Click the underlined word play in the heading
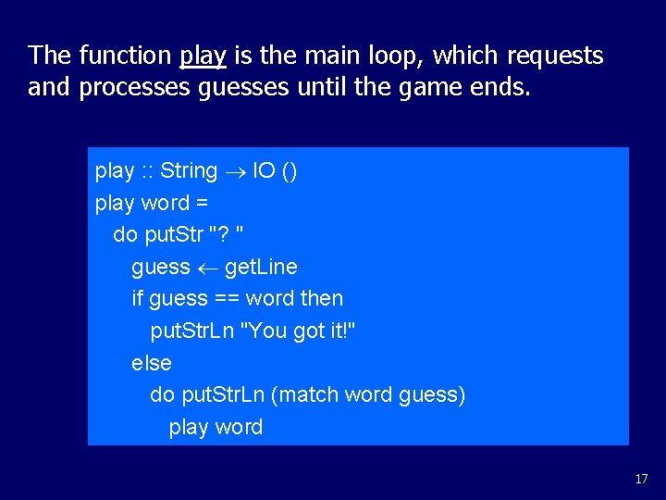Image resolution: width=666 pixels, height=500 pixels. coord(203,56)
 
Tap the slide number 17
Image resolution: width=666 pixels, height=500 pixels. coord(642,479)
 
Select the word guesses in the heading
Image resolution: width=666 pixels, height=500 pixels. coord(237,88)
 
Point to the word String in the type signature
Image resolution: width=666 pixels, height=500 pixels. coord(189,171)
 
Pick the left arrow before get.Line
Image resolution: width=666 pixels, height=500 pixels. coord(207,268)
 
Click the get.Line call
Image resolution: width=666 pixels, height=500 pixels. coord(262,268)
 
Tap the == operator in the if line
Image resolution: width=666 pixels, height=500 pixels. coord(224,299)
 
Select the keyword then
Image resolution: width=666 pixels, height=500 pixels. coord(321,299)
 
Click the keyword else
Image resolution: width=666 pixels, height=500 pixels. coord(152,363)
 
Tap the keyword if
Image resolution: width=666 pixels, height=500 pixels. coord(138,299)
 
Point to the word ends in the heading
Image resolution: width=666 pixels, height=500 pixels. coord(500,88)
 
